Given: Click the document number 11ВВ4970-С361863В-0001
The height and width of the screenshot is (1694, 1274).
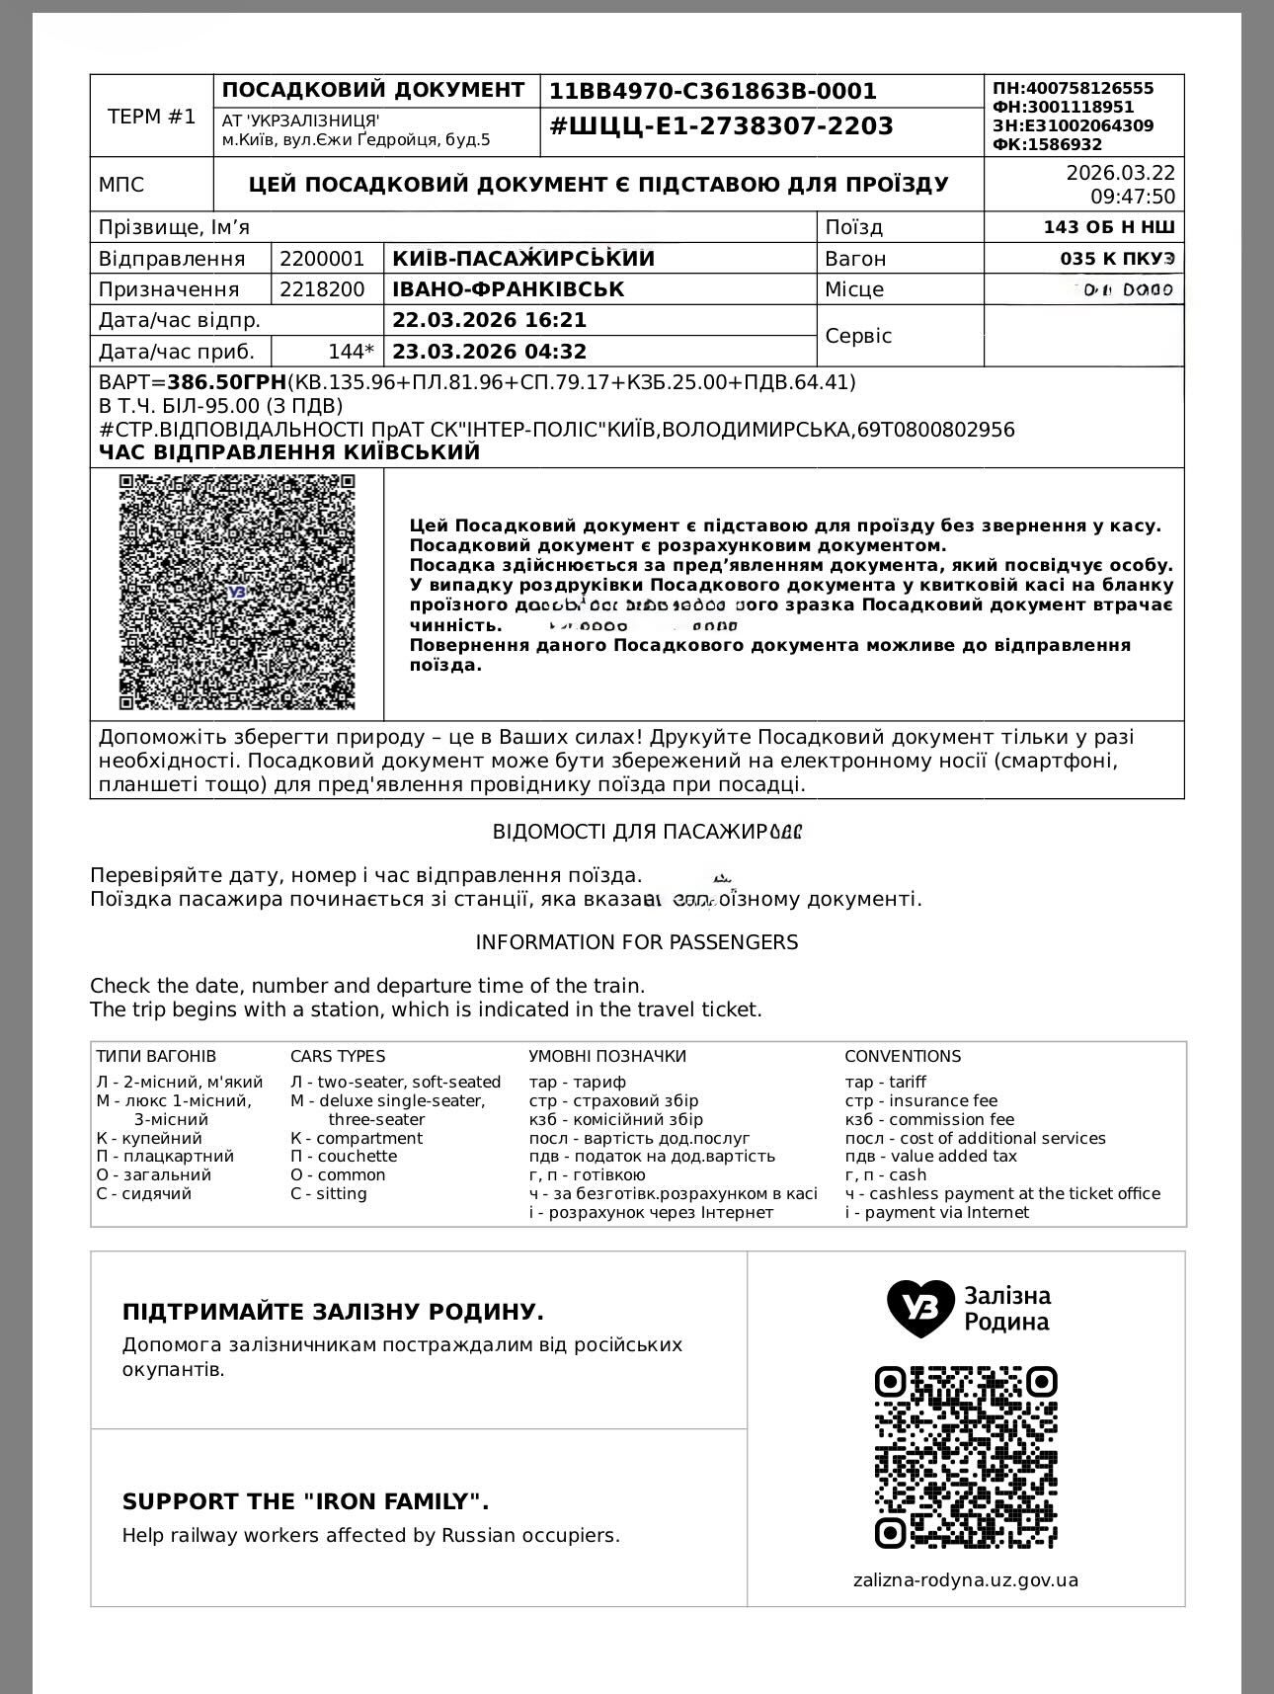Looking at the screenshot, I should tap(712, 92).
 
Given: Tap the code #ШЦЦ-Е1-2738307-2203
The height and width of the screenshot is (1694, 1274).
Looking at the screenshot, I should tap(721, 126).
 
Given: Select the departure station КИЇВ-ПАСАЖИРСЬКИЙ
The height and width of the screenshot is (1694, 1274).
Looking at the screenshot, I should tap(523, 259).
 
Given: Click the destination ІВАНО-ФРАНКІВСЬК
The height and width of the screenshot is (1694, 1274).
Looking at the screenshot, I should tap(508, 289).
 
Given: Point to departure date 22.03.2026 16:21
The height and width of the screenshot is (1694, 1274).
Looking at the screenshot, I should tap(489, 320).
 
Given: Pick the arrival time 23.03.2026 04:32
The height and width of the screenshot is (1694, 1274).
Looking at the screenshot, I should tap(489, 352).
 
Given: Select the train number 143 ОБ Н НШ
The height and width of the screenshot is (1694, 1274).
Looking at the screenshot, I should tap(1108, 227).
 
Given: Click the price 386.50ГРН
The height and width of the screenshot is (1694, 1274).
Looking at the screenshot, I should tap(226, 382).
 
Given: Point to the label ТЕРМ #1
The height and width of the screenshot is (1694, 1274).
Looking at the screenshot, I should tap(151, 117).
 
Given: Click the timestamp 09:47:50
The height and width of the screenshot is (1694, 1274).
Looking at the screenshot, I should tap(1133, 197).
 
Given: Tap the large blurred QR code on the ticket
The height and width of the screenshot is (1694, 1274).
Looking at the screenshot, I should tap(237, 592).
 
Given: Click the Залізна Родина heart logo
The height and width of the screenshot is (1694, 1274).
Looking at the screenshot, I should tap(920, 1308).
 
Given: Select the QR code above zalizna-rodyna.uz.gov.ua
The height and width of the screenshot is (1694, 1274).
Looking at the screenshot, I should tap(965, 1457).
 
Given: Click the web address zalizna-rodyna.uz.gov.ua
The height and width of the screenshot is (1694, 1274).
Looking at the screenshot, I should tap(965, 1580).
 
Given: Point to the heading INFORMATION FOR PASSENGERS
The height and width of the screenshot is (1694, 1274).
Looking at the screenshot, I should tap(637, 942).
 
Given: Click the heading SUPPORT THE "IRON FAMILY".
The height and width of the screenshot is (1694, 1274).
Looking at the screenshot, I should tap(305, 1502).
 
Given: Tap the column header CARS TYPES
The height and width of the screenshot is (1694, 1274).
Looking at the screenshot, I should tap(338, 1057).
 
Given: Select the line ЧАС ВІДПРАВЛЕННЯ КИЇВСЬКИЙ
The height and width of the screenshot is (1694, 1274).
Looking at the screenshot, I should tap(288, 452).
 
